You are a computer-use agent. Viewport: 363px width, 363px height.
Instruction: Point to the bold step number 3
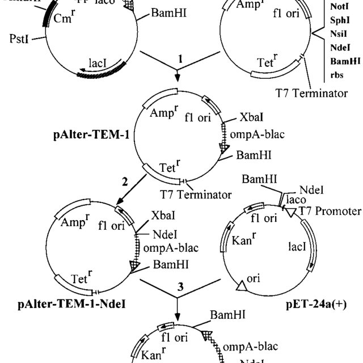(180, 287)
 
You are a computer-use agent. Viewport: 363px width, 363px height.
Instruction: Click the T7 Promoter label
(330, 212)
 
